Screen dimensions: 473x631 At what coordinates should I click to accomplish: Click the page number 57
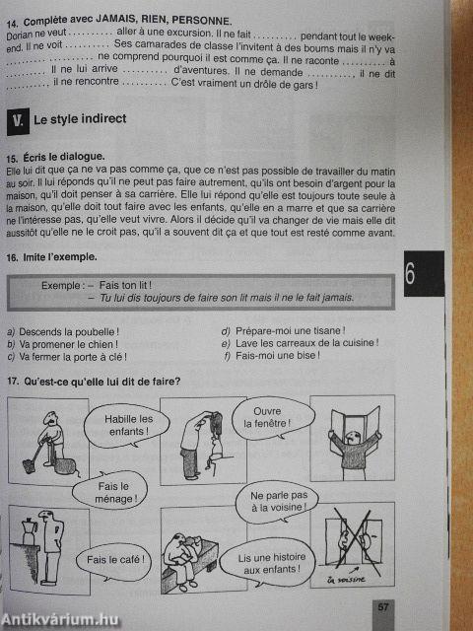coord(383,606)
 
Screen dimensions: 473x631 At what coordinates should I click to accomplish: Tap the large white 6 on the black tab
coord(410,275)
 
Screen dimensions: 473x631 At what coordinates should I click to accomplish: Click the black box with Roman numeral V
coord(18,121)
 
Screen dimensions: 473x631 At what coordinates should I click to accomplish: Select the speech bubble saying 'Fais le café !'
coord(113,559)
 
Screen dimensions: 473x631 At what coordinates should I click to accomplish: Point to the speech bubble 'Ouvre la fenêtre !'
coord(273,418)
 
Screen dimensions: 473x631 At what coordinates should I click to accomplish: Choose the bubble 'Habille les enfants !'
coord(128,425)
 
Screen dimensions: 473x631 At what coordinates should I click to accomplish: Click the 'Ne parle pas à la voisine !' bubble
coord(277,502)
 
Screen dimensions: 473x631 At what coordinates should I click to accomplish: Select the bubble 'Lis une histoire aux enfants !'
coord(272,563)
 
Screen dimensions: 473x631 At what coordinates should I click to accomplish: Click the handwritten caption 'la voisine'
coord(346,579)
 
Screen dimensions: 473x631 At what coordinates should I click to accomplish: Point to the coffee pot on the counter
coord(30,530)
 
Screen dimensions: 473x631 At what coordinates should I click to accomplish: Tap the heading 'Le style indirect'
coord(80,119)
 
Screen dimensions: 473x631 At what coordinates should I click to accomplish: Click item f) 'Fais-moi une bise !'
coord(273,356)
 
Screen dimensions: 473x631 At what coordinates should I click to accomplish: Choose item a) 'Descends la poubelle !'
coord(63,332)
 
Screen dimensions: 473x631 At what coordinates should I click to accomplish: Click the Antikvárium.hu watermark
coord(59,620)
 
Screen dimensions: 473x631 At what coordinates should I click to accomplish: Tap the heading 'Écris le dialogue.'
coord(55,157)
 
